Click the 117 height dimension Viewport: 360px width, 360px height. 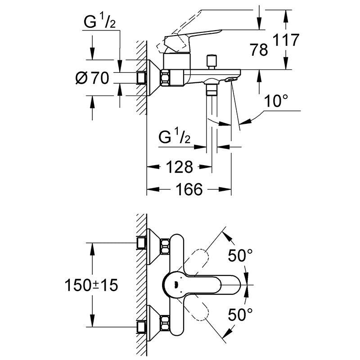(x=287, y=40)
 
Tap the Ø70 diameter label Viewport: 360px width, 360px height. (x=92, y=79)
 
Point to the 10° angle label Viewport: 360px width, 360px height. (x=276, y=101)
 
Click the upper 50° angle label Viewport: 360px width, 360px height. (x=239, y=256)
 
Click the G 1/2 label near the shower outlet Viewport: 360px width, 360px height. (x=176, y=137)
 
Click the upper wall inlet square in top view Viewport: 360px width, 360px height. (x=141, y=243)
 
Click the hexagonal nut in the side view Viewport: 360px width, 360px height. (x=166, y=78)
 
